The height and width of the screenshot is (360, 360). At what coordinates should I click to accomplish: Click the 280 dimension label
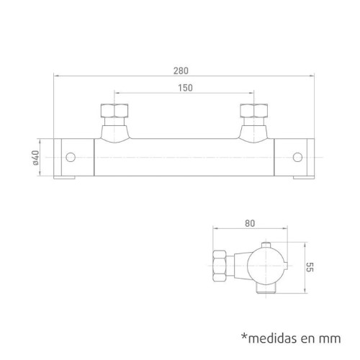click(181, 71)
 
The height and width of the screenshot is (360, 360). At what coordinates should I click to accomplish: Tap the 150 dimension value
click(185, 88)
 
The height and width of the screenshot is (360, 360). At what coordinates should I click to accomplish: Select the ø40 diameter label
click(35, 158)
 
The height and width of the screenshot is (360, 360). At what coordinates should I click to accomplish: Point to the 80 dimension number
click(250, 223)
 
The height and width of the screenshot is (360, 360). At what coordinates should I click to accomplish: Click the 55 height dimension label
click(310, 267)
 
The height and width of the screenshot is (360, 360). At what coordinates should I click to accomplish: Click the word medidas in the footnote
click(273, 338)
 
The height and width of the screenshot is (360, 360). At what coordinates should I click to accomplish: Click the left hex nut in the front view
click(114, 111)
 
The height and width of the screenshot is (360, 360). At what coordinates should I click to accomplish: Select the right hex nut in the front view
click(254, 111)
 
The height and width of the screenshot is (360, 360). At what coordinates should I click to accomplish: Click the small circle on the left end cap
click(71, 157)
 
